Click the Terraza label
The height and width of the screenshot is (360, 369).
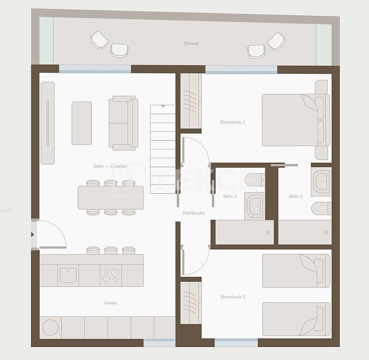click(x=191, y=44)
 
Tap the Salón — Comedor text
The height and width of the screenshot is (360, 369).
click(x=110, y=166)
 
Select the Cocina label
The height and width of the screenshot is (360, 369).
click(x=110, y=303)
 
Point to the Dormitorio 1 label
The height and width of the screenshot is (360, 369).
click(x=233, y=122)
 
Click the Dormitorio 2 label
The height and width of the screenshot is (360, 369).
click(x=233, y=297)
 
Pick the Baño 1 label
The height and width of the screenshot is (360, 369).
click(x=296, y=196)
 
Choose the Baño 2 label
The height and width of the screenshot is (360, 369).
click(x=229, y=196)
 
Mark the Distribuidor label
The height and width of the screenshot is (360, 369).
click(x=194, y=213)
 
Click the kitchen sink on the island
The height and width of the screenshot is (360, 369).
click(x=68, y=275)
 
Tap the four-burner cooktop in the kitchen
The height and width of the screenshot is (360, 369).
click(x=111, y=276)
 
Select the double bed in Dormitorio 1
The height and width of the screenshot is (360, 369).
click(x=292, y=120)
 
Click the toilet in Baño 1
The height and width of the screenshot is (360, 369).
click(x=321, y=209)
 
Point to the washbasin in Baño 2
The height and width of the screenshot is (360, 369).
click(x=255, y=206)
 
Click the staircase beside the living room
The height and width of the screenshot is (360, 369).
click(x=162, y=149)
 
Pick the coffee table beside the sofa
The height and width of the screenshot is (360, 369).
click(x=81, y=123)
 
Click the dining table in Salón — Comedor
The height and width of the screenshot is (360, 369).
click(x=111, y=198)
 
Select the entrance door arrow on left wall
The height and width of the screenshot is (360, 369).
click(x=32, y=235)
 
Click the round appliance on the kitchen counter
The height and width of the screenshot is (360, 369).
click(x=50, y=328)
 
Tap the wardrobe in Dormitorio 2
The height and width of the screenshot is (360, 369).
click(x=190, y=302)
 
